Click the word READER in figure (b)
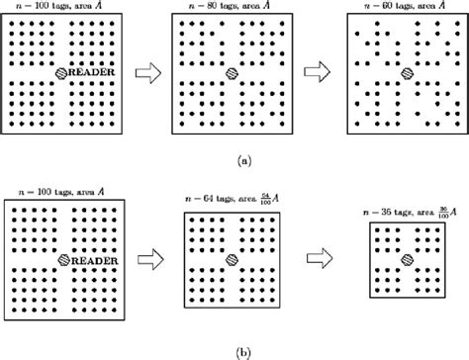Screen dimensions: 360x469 click(x=97, y=261)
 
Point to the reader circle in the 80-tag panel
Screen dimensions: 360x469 click(x=232, y=74)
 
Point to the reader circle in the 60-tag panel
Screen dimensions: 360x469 click(x=400, y=74)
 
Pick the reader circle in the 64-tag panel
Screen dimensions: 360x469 click(x=232, y=261)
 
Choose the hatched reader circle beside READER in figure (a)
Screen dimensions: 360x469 click(x=63, y=74)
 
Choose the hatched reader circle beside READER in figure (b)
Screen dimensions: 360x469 click(x=63, y=261)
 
